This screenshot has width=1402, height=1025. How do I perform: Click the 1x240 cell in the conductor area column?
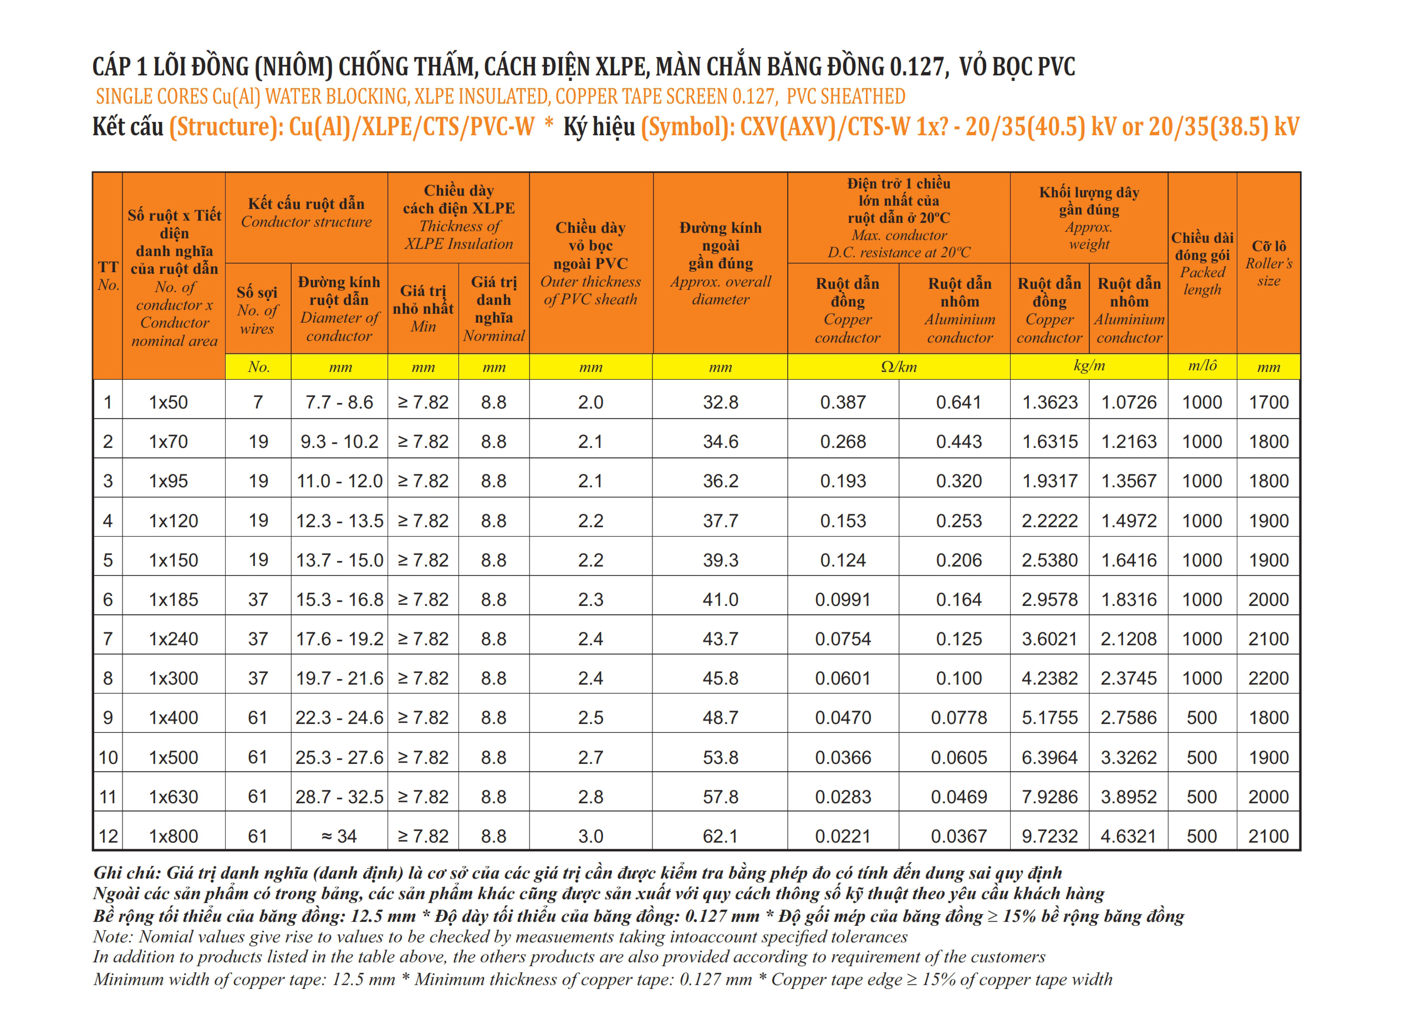(173, 639)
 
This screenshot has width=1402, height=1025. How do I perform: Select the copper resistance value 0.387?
(843, 402)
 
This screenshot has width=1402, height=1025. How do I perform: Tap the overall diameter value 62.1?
(720, 836)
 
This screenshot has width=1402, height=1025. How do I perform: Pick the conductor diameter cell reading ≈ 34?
(339, 836)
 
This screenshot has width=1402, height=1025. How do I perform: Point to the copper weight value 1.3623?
(1049, 402)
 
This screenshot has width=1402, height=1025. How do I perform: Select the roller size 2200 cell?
(1268, 678)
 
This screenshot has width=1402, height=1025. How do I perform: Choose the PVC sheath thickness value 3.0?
(590, 836)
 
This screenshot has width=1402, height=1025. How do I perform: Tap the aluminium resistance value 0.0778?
(959, 718)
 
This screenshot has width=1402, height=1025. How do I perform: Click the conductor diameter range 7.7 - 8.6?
(339, 402)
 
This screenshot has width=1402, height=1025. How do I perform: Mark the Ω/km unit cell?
(898, 366)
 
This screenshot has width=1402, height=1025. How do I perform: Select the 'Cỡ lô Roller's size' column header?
(1268, 263)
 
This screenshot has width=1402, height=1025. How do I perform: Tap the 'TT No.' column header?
(108, 276)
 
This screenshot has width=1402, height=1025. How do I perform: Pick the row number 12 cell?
(108, 836)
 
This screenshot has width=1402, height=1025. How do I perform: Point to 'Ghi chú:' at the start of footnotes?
(127, 873)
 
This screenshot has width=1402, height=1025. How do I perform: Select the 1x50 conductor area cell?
(168, 402)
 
